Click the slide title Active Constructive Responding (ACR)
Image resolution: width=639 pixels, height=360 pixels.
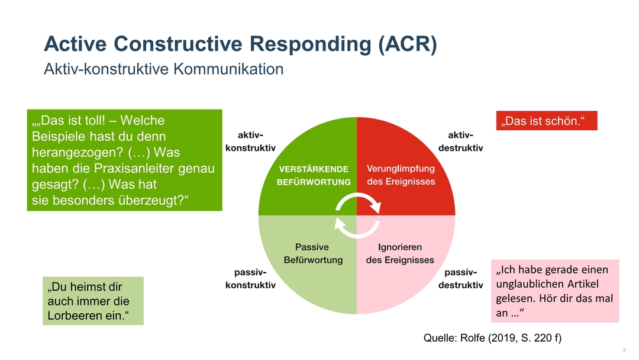tap(240, 44)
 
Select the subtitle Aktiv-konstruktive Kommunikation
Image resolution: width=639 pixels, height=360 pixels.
tap(164, 69)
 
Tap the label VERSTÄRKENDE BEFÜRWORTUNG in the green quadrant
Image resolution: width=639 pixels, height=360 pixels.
tap(314, 175)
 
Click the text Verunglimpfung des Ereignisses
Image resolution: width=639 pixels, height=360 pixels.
tap(401, 175)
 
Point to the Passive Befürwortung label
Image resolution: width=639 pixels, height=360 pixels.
tap(312, 253)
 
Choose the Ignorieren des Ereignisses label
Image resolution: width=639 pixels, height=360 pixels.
tap(400, 253)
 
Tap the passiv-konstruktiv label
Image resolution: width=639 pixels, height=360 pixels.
tap(250, 279)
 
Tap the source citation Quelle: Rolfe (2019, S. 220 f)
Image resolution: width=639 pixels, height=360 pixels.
tap(492, 338)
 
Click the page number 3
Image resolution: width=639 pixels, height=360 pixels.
tap(624, 350)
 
